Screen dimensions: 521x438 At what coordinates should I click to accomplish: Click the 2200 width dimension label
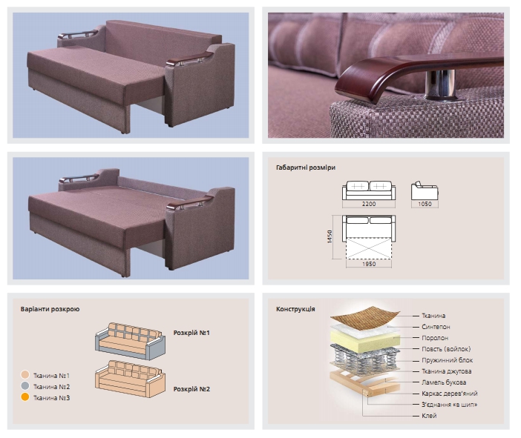click(369, 204)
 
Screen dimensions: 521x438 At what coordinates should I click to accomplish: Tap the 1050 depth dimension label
click(425, 204)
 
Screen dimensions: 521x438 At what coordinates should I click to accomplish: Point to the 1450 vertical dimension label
click(330, 236)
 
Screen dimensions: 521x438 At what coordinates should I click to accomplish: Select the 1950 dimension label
click(369, 264)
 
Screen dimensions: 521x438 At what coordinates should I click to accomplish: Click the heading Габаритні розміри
click(305, 167)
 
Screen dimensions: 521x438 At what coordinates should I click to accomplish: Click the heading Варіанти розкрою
click(50, 309)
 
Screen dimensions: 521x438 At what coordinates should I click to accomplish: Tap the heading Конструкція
click(295, 309)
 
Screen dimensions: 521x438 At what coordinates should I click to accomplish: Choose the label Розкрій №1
click(191, 333)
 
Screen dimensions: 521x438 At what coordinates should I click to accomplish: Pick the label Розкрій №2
click(191, 389)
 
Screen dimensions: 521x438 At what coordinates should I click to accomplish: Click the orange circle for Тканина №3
click(25, 396)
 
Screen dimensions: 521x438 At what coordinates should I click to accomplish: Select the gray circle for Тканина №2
click(25, 386)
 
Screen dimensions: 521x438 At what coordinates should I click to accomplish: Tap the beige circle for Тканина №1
click(25, 375)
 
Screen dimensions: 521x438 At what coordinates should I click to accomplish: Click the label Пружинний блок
click(447, 360)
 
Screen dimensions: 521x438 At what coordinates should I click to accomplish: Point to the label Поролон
click(435, 338)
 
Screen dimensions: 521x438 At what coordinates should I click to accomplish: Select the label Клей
click(429, 416)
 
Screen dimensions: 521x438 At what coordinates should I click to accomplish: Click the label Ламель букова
click(444, 382)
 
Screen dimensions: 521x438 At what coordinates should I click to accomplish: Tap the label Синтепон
click(436, 327)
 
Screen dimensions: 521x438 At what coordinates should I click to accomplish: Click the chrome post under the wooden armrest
click(442, 85)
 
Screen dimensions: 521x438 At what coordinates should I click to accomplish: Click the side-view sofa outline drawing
click(425, 190)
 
